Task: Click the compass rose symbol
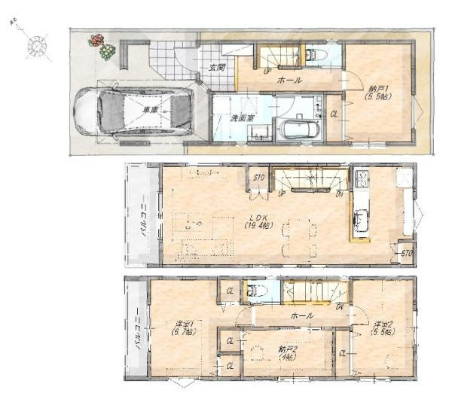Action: point(36,46)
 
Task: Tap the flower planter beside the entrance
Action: point(102,47)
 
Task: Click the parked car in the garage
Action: point(133,112)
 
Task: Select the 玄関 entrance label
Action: point(216,67)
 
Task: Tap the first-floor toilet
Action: point(314,55)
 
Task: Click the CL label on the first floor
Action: point(334,114)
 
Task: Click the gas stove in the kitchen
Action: point(362,178)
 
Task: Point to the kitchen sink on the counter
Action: point(361,221)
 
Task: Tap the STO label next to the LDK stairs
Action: point(258,178)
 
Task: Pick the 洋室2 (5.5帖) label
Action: point(383,328)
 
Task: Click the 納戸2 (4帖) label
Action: point(286,352)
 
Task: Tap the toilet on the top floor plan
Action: point(255,289)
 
